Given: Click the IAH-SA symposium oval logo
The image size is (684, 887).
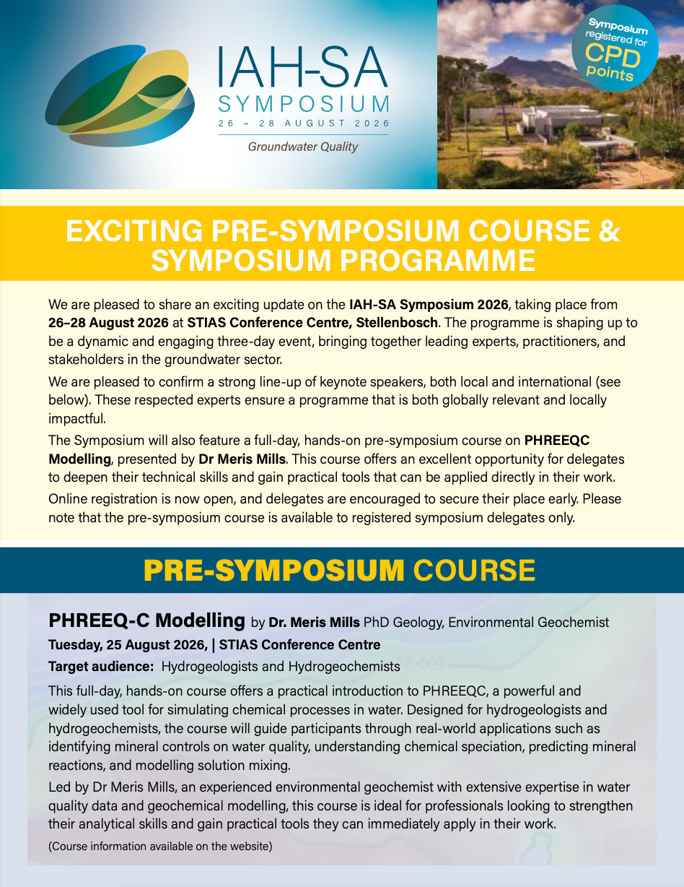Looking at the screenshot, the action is pyautogui.click(x=120, y=95).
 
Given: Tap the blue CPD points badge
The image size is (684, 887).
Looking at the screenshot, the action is pyautogui.click(x=615, y=48).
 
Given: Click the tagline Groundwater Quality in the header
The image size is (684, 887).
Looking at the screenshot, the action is pyautogui.click(x=302, y=147).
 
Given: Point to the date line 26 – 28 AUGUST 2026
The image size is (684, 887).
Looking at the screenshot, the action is pyautogui.click(x=304, y=123).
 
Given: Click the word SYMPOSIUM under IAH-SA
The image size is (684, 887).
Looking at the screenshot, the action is pyautogui.click(x=304, y=104).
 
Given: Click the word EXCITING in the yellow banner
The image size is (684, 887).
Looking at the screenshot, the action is pyautogui.click(x=134, y=230).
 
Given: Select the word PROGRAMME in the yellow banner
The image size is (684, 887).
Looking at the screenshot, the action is pyautogui.click(x=437, y=260).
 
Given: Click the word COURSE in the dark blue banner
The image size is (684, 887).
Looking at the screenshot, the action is pyautogui.click(x=474, y=570).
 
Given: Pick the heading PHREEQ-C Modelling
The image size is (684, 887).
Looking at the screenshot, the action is pyautogui.click(x=146, y=621).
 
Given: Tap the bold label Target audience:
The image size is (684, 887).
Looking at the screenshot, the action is pyautogui.click(x=101, y=667).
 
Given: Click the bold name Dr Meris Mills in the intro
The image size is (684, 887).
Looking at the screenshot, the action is pyautogui.click(x=242, y=459).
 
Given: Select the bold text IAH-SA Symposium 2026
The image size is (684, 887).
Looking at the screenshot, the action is pyautogui.click(x=429, y=305).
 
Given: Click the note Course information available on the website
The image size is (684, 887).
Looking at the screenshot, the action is pyautogui.click(x=160, y=846).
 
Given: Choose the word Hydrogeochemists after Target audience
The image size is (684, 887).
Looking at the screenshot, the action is pyautogui.click(x=344, y=667).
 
